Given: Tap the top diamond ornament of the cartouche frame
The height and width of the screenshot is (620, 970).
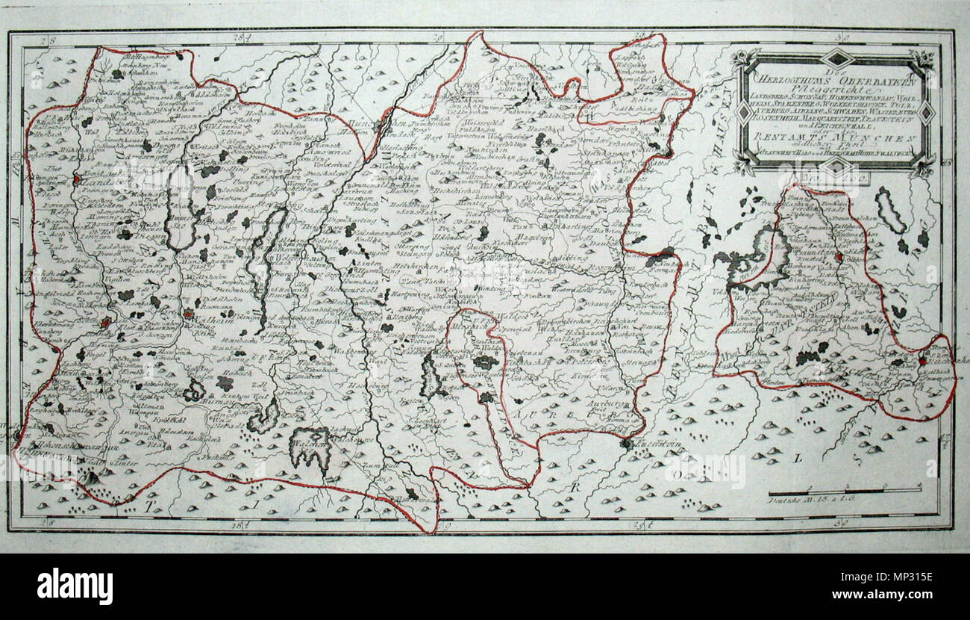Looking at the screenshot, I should (x=838, y=58).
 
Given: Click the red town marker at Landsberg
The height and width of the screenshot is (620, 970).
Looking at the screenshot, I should (x=78, y=179).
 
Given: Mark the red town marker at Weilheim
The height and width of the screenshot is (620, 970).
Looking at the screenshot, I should (x=188, y=314).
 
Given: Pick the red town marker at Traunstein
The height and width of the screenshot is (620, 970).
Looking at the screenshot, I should (x=839, y=256).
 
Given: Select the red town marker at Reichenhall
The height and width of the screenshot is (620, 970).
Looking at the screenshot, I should (x=922, y=361).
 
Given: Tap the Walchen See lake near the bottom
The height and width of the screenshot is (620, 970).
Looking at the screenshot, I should (x=310, y=447).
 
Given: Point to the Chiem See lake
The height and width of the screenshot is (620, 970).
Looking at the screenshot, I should (x=761, y=258).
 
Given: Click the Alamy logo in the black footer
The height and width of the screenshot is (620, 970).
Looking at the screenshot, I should (x=75, y=586).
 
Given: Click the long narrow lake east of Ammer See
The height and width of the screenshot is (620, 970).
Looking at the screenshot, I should (x=263, y=261).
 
